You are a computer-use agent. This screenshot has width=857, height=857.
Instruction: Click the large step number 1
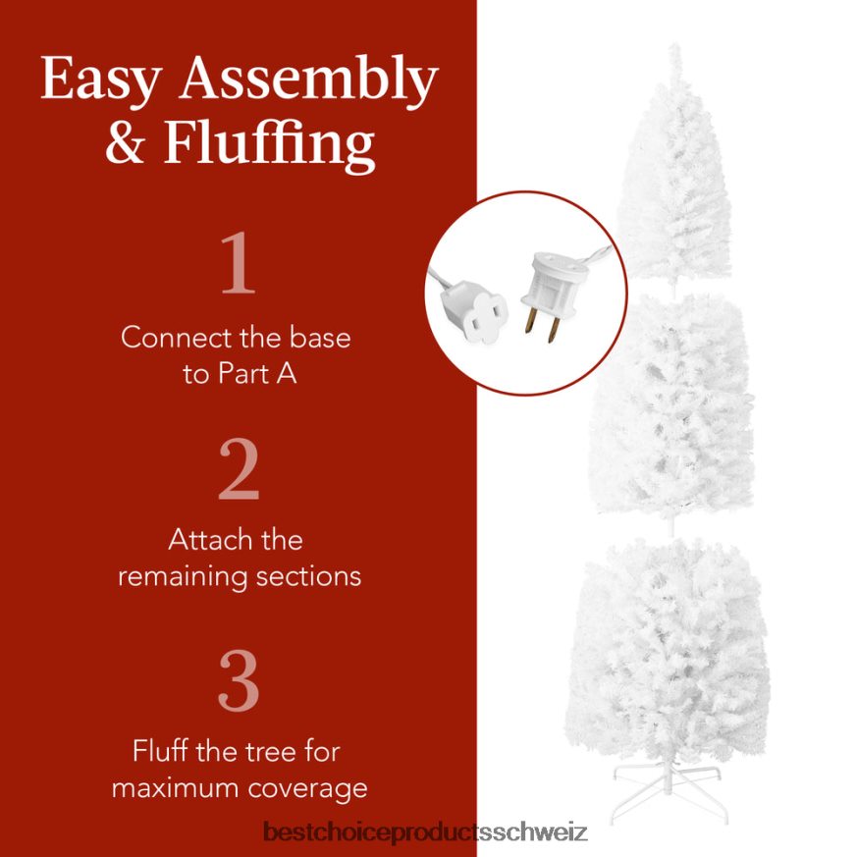238,265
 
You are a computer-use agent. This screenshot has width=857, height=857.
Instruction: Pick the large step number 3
239,679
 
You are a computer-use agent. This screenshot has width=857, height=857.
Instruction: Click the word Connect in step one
175,338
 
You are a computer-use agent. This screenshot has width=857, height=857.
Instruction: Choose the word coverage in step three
308,787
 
